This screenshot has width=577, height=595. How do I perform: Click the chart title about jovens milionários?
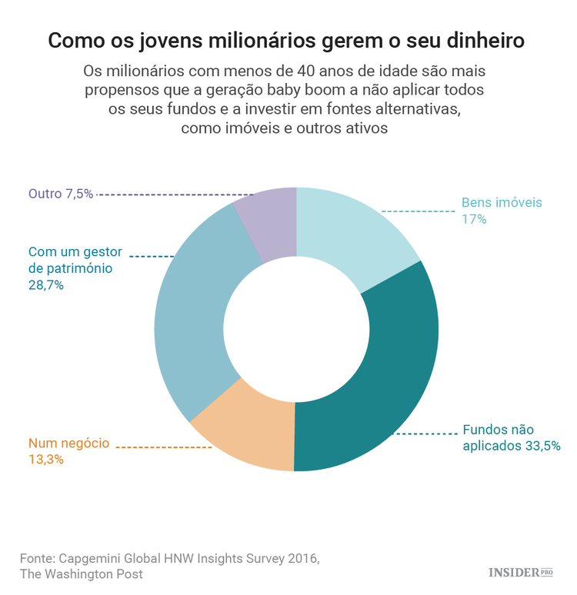(288, 40)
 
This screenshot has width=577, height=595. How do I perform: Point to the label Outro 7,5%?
(61, 194)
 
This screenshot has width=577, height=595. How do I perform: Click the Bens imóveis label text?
(502, 203)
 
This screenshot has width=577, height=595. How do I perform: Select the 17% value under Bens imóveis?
(474, 219)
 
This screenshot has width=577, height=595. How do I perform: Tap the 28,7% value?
(45, 285)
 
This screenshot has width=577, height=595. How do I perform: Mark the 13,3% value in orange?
(45, 460)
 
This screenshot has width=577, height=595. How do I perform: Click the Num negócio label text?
(69, 444)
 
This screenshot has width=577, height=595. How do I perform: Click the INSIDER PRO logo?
(521, 572)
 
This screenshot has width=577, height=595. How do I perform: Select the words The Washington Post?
(81, 573)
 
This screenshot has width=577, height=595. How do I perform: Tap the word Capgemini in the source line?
(92, 557)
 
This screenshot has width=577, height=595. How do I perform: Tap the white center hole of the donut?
(296, 329)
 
